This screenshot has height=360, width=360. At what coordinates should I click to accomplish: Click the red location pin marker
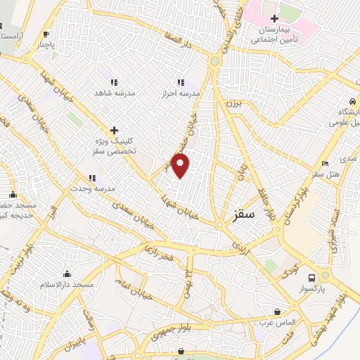[x=181, y=166]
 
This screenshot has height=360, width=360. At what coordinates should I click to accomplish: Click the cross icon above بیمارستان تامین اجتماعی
[x=274, y=18]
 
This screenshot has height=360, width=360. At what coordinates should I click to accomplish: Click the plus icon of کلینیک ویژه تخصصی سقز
[x=114, y=129]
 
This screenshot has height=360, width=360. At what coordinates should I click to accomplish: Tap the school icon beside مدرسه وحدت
[x=91, y=179]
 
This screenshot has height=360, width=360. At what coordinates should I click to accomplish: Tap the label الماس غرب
[x=277, y=322]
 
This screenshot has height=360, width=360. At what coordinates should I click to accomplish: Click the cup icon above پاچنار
[x=46, y=34]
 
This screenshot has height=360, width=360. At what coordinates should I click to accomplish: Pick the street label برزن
[x=232, y=103]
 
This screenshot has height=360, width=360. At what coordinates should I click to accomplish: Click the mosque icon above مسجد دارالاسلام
[x=67, y=274]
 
